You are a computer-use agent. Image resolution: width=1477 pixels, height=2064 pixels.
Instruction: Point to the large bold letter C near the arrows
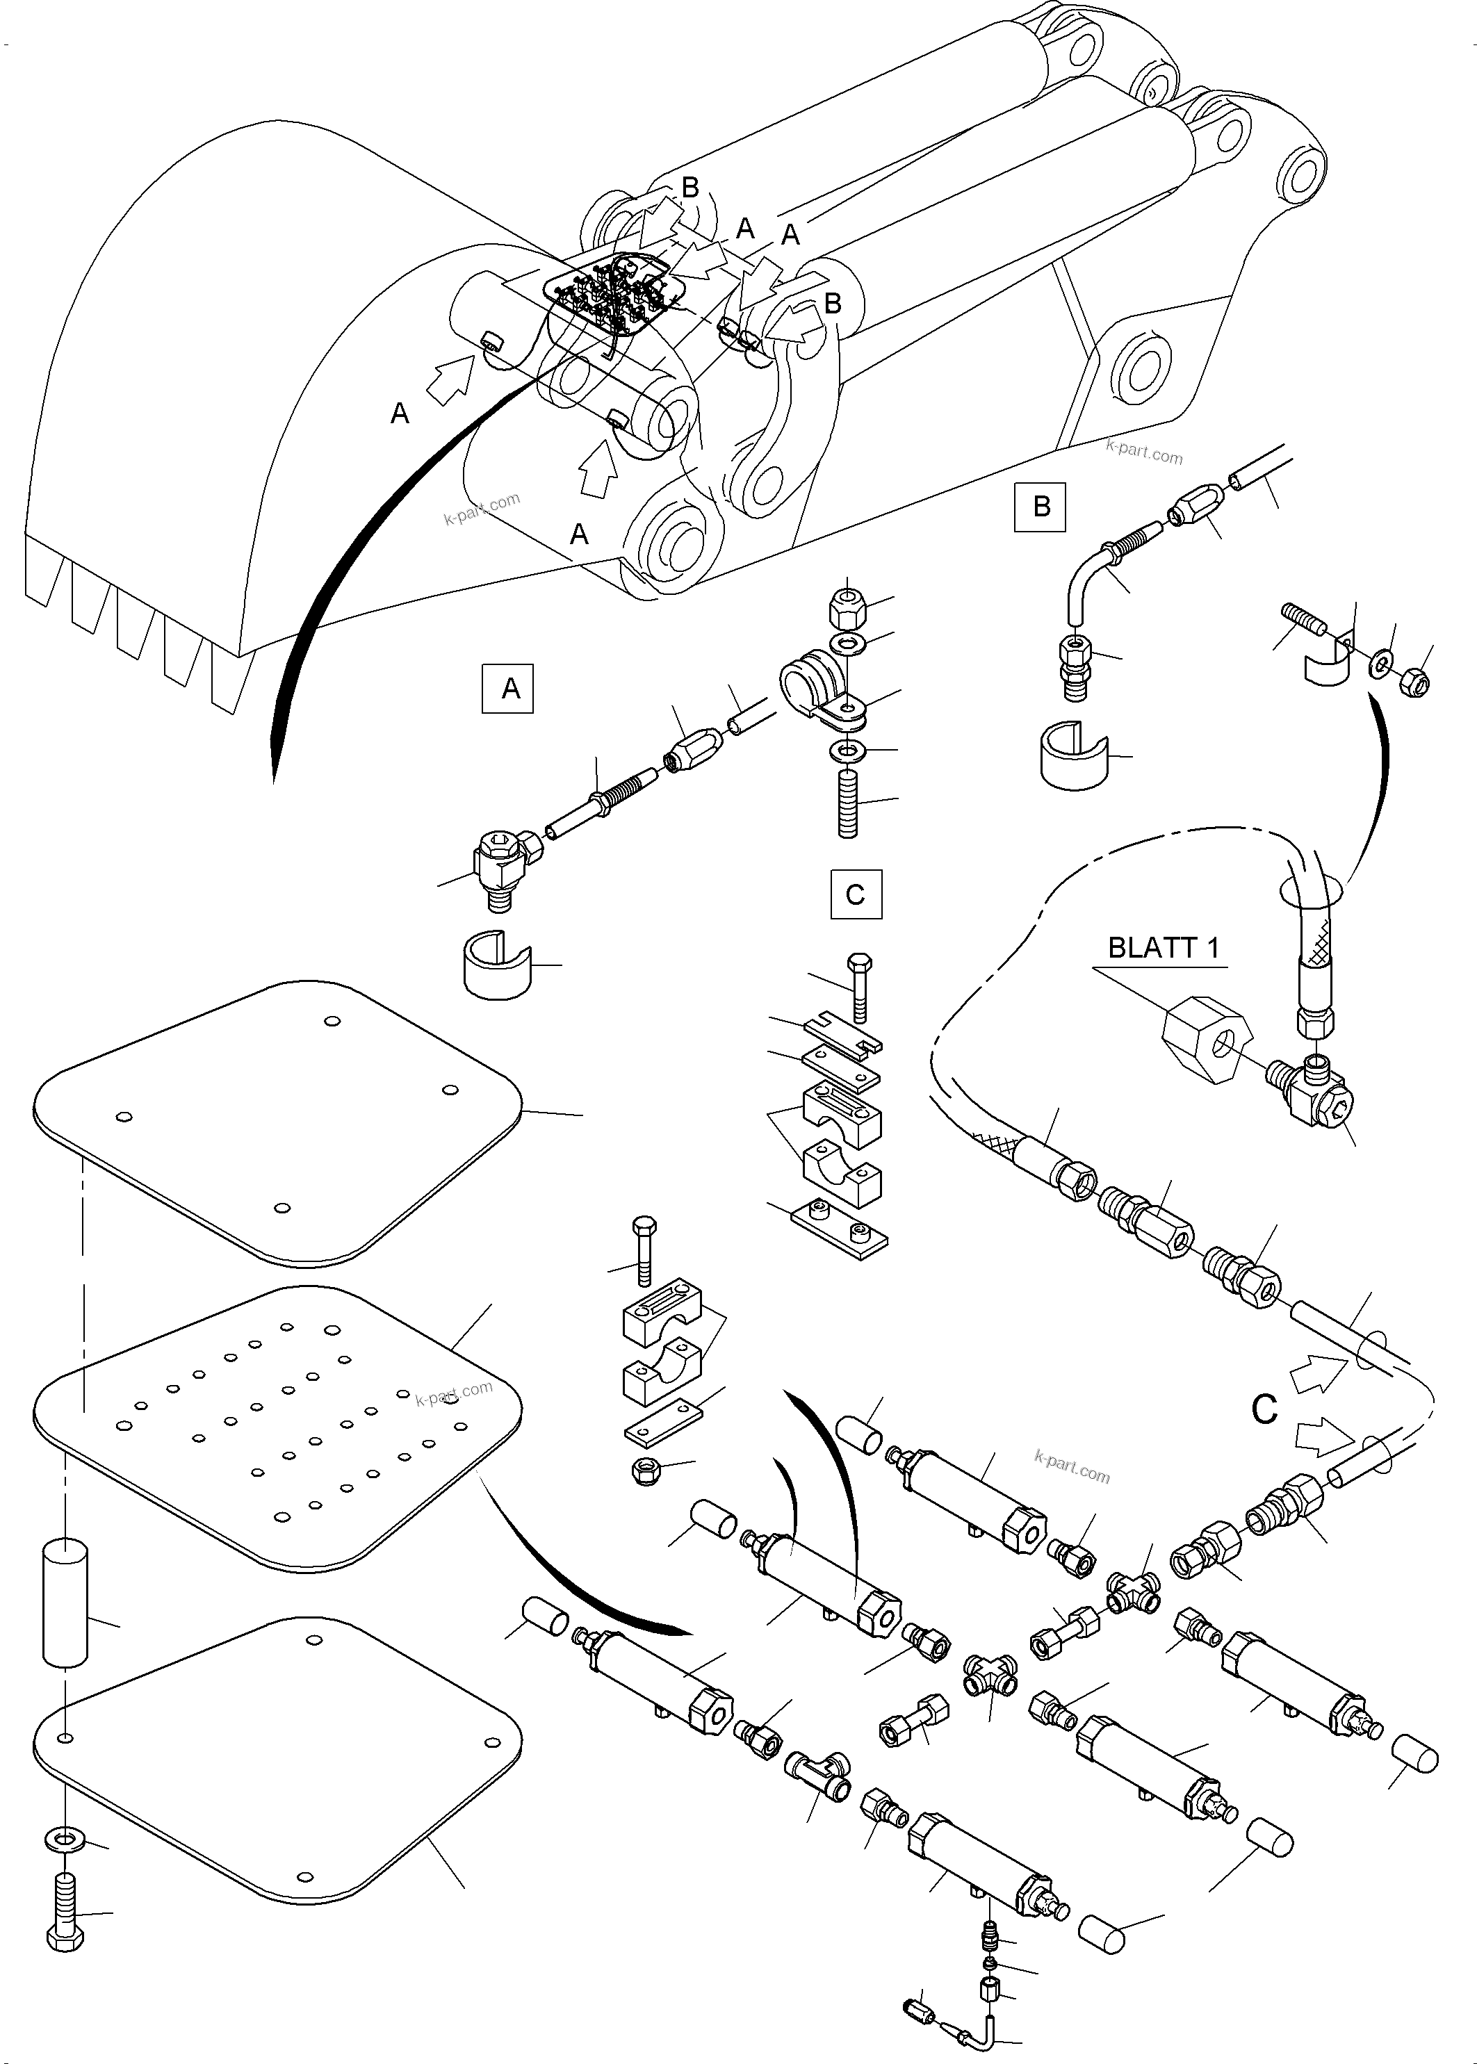click(x=1264, y=1409)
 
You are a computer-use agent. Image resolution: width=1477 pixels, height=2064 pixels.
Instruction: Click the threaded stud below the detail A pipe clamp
click(x=849, y=802)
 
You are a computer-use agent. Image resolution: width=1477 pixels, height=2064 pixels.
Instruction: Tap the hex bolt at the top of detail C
click(x=858, y=988)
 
